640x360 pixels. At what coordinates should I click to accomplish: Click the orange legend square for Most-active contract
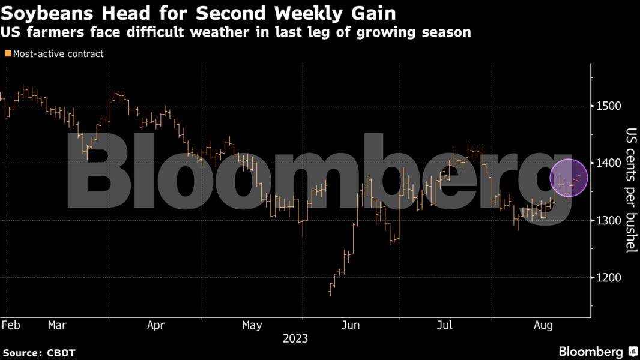point(8,54)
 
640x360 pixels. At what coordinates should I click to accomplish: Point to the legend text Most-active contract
point(58,54)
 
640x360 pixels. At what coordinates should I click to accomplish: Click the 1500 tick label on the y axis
point(609,106)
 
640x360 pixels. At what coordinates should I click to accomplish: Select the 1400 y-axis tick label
point(609,163)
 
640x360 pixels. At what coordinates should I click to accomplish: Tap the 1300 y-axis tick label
point(609,220)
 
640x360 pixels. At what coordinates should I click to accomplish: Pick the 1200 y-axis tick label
point(609,278)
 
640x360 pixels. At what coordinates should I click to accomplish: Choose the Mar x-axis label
point(57,325)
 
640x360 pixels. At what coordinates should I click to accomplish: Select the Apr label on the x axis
point(155,325)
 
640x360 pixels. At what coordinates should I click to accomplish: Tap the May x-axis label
point(252,325)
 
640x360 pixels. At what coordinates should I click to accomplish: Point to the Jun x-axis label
point(350,325)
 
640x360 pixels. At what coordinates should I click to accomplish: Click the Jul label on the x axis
point(445,325)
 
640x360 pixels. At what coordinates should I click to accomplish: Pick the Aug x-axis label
point(543,325)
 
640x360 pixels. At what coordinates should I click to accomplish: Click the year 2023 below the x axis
point(295,338)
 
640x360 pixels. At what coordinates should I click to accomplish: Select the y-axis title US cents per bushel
point(630,190)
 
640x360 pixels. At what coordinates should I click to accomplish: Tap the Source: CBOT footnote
point(38,353)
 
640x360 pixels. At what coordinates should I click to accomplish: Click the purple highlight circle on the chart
point(569,178)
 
